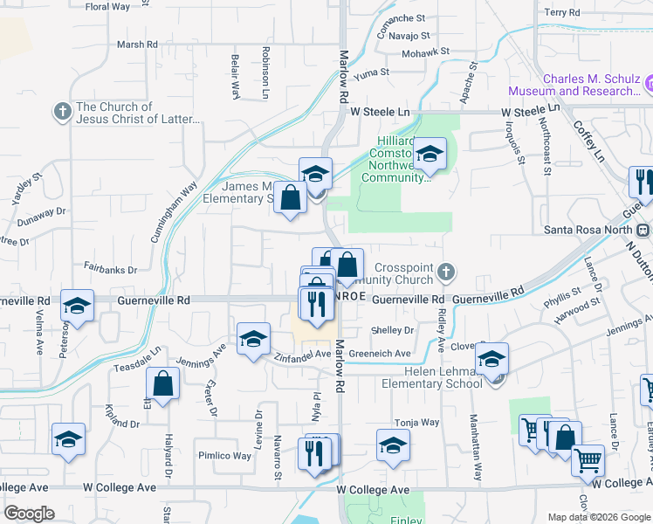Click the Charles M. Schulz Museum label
coord(592,85)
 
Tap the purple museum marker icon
coord(650,84)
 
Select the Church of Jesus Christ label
coord(139,113)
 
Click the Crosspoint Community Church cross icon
coord(445,272)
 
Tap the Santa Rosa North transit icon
coord(643,230)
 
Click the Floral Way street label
coord(108,6)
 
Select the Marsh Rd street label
coord(136,45)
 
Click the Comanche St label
coord(401,17)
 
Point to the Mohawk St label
coord(426,52)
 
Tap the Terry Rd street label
coord(561,13)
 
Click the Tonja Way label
coord(416,422)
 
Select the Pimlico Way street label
coord(223,456)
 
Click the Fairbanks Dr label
coord(111,270)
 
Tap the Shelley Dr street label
coord(392,330)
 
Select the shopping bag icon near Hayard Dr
coord(163,383)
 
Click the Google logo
coord(29,514)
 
